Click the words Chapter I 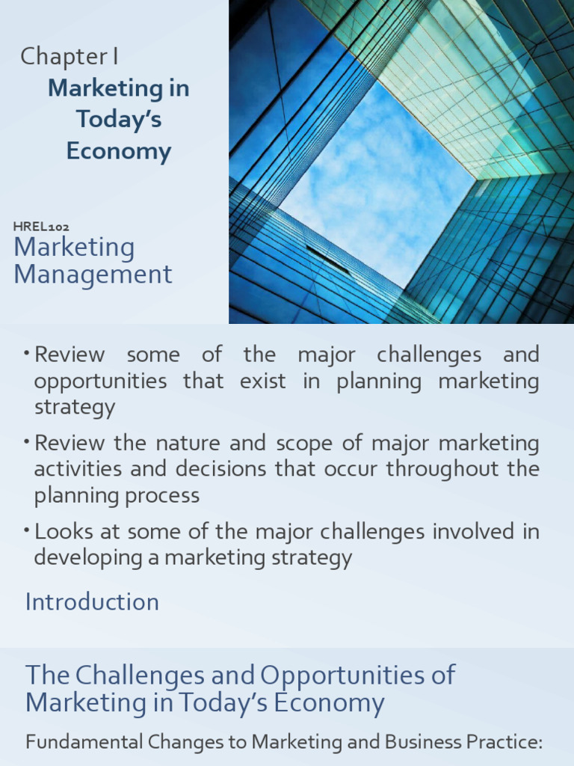pos(69,56)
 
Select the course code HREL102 pos(42,226)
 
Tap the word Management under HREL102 pos(93,275)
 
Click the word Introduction pos(92,602)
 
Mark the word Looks pos(62,532)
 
